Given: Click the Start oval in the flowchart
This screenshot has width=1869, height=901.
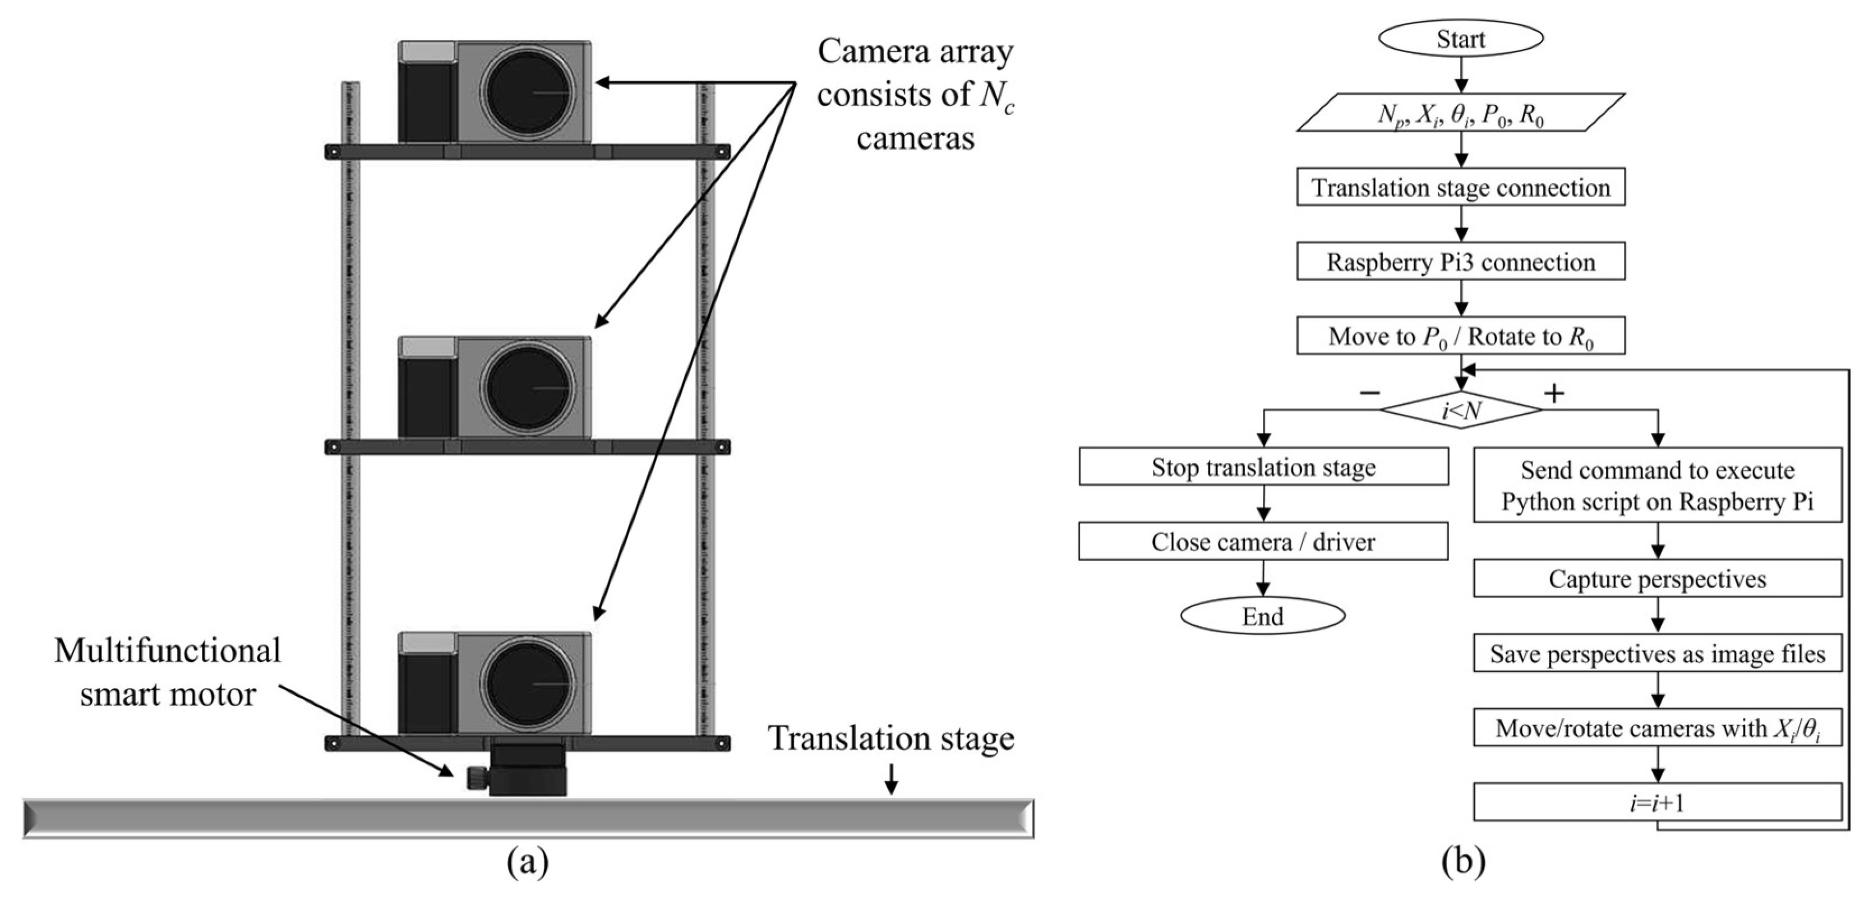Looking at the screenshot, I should pos(1461,39).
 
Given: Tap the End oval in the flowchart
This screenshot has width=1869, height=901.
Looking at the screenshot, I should pos(1262,616).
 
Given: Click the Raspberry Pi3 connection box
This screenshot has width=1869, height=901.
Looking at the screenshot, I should pos(1461,262).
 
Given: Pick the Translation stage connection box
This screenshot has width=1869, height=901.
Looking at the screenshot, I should pos(1461,187).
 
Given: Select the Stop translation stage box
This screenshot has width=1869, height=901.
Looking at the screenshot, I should pos(1263,466).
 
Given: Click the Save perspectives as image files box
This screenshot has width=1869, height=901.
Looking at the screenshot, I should pos(1657,654).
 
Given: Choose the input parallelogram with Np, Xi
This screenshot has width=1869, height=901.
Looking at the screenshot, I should pos(1461,113).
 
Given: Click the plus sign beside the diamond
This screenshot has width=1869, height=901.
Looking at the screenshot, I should pos(1553,393).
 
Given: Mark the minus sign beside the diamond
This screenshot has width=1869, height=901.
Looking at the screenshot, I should pos(1369,393).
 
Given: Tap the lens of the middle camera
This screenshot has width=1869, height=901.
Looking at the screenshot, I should pos(528,388).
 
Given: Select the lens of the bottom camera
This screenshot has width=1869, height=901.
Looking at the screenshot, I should pos(528,685).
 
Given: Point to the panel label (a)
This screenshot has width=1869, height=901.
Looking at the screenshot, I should pos(528,862).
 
